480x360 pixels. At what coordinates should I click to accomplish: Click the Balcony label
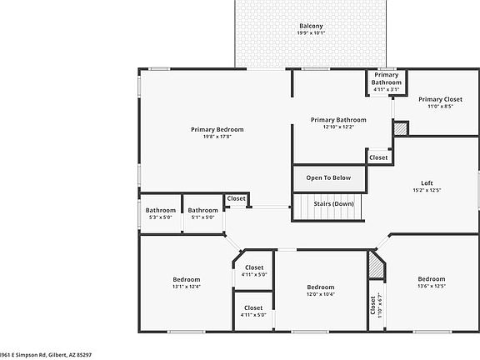click(x=311, y=27)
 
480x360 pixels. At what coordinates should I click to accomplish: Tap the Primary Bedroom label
click(x=217, y=129)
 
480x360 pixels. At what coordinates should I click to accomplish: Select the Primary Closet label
click(x=440, y=99)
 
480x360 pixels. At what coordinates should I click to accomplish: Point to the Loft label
click(x=427, y=183)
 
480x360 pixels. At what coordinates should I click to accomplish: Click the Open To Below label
click(x=328, y=177)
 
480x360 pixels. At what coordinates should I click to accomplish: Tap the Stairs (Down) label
click(x=332, y=203)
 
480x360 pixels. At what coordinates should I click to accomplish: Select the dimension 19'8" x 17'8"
click(x=217, y=137)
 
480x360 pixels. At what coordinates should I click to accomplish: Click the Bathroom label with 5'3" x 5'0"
click(x=161, y=210)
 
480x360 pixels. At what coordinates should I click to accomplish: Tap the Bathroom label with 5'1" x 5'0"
click(x=202, y=210)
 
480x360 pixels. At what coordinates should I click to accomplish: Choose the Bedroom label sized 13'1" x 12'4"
click(x=186, y=279)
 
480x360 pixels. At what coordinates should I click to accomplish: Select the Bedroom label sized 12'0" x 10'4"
click(x=320, y=287)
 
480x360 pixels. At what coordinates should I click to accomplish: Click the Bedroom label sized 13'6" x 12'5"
click(x=431, y=279)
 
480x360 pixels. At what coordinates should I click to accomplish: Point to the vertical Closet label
click(x=372, y=307)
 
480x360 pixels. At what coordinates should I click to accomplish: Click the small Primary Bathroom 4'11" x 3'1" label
click(x=386, y=78)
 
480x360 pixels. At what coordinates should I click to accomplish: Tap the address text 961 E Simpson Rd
click(x=46, y=354)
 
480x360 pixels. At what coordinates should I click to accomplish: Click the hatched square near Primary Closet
click(x=401, y=129)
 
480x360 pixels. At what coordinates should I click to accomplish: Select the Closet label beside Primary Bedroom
click(x=237, y=198)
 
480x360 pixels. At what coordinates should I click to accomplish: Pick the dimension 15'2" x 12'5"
click(x=427, y=191)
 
